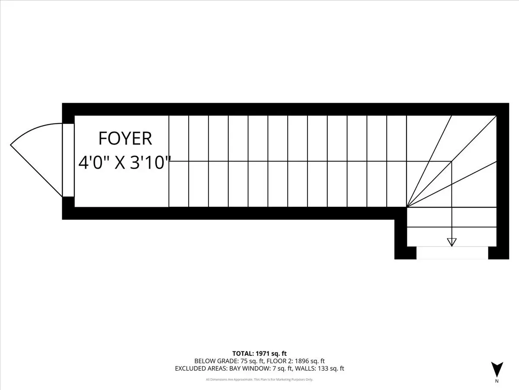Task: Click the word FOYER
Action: coord(125,139)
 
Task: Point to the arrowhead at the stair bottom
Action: coord(452,242)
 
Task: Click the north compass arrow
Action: coord(497,369)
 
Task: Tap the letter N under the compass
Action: coord(497,381)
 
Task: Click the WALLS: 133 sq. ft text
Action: coord(320,369)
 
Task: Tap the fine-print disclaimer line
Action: coord(259,380)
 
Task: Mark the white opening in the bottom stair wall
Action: coord(452,253)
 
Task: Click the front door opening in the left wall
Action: coord(68,160)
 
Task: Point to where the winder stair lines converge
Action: coord(407,207)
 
